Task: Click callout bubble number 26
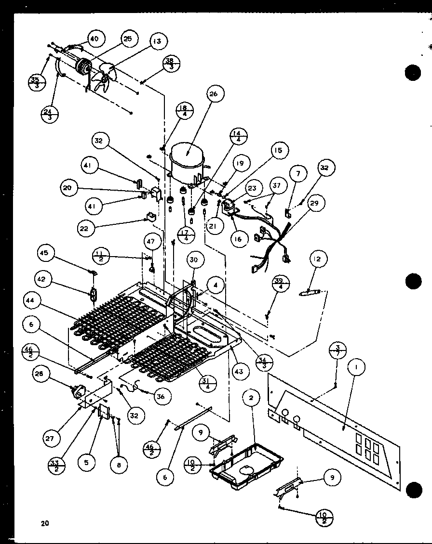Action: click(x=214, y=94)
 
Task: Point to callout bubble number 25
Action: click(x=128, y=39)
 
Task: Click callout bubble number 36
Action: click(x=160, y=396)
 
